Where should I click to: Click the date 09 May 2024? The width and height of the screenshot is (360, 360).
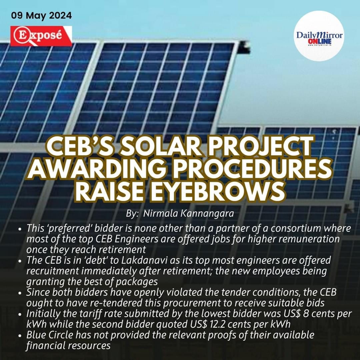pyautogui.click(x=41, y=16)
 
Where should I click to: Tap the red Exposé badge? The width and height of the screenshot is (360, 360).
pyautogui.click(x=41, y=36)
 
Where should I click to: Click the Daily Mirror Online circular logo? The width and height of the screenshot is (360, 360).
pyautogui.click(x=319, y=36)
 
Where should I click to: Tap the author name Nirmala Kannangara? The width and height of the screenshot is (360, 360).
pyautogui.click(x=188, y=214)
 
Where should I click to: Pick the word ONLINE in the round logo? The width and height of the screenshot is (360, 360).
pyautogui.click(x=319, y=42)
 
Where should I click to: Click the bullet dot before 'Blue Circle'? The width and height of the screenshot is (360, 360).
pyautogui.click(x=20, y=336)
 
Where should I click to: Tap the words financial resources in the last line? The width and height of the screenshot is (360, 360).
pyautogui.click(x=68, y=345)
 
